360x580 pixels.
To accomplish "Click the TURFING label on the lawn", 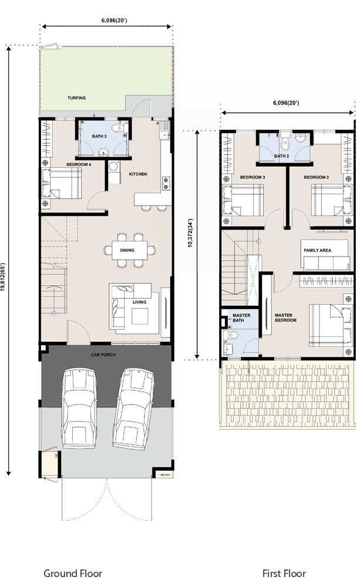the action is coord(76,98).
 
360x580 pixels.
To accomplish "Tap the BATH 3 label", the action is coord(99,137).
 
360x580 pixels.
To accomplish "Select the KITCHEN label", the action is coord(138,174).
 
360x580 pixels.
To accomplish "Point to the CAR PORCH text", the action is coord(103,355).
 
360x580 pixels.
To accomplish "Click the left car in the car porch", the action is coord(79,407).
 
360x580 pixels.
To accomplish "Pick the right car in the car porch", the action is coord(133,409).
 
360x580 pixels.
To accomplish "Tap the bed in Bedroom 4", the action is coord(62,183).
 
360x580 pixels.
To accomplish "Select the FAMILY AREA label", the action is coord(318,251).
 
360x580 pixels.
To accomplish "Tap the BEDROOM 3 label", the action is coord(253,177).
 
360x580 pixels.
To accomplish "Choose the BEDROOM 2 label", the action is coord(317,177).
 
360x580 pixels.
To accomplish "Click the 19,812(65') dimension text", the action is coord(3,272).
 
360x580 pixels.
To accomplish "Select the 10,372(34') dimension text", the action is coord(190,232).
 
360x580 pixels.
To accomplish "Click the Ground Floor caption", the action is coord(73,574).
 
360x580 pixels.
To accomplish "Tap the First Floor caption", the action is coord(284,574).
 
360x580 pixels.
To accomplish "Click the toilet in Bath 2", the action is coord(285,142).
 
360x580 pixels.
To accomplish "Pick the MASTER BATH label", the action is coord(241,318).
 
